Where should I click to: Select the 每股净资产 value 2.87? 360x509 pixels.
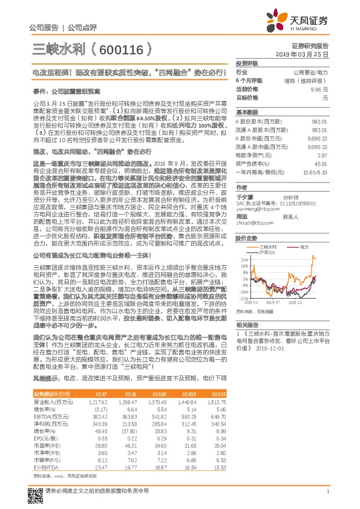(322, 155)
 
